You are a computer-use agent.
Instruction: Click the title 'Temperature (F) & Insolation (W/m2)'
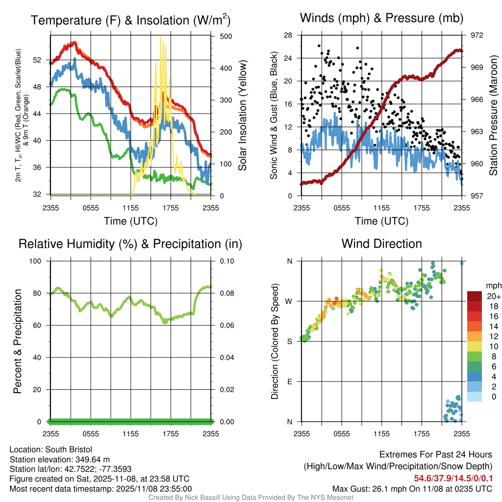(130, 20)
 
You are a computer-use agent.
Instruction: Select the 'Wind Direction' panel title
(381, 244)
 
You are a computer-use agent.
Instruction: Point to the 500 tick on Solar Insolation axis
(226, 36)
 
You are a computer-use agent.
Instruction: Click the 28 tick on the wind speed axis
(288, 35)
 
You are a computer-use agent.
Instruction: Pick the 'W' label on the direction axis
(289, 301)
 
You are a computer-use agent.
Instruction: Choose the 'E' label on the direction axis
(290, 381)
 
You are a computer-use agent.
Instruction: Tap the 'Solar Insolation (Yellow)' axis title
(243, 115)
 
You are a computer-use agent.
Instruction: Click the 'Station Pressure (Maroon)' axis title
(494, 115)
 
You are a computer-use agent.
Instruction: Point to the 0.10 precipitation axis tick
(226, 261)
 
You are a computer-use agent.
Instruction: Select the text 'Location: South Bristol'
(51, 450)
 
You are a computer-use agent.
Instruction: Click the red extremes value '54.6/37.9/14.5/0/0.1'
(450, 478)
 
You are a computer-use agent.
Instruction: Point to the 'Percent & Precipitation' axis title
(17, 341)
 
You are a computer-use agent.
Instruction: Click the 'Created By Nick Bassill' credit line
(251, 497)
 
